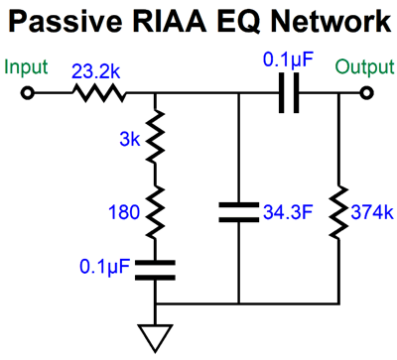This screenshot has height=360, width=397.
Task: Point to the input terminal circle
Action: tap(29, 94)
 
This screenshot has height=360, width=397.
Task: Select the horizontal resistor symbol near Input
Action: tap(97, 94)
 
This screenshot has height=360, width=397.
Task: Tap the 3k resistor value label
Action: tap(126, 140)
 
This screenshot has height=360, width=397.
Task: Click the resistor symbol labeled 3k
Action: tap(156, 141)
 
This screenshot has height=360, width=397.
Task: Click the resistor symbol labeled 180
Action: tap(156, 210)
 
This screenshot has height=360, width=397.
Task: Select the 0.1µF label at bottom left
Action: tap(103, 267)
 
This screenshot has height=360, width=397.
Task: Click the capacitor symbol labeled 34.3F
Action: tap(239, 210)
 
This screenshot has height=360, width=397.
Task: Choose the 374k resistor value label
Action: tap(371, 210)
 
